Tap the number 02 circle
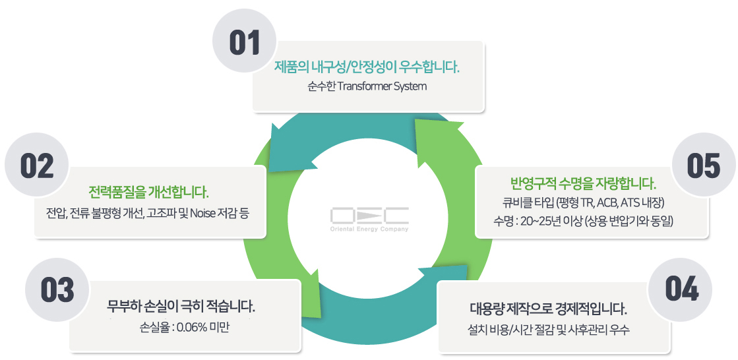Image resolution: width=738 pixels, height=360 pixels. (x=37, y=167)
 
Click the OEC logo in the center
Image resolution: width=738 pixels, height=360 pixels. (x=369, y=215)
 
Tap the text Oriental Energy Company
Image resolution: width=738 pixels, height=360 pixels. (x=369, y=229)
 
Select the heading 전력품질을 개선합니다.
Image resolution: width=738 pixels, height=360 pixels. (x=148, y=193)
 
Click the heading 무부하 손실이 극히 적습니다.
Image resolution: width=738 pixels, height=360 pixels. (x=181, y=307)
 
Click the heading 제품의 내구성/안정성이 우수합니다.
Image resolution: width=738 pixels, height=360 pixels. (x=367, y=67)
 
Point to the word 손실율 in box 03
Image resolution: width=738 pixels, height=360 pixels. (x=152, y=326)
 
